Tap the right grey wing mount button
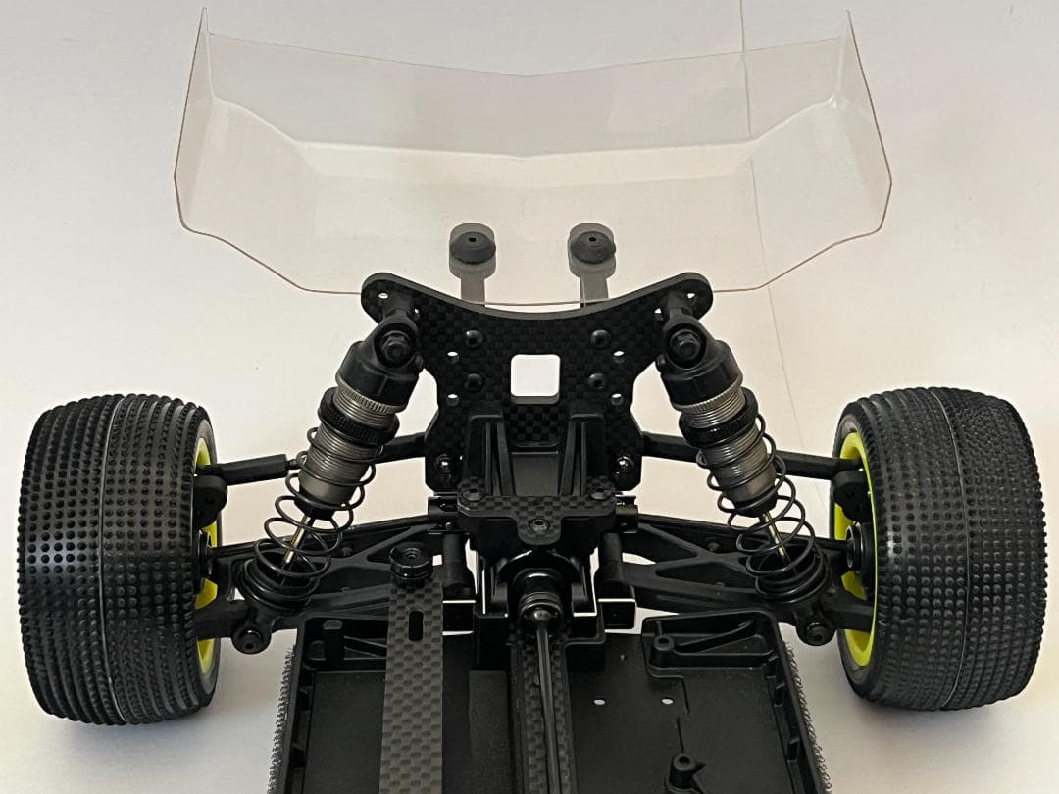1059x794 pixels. point(591,244)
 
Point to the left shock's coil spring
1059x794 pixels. point(294,549)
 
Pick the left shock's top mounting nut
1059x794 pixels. point(395,342)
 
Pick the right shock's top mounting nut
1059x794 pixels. point(682,341)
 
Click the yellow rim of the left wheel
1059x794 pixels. point(205,588)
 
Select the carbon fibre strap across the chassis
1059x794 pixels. point(413,686)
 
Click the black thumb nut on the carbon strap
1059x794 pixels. point(410,561)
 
